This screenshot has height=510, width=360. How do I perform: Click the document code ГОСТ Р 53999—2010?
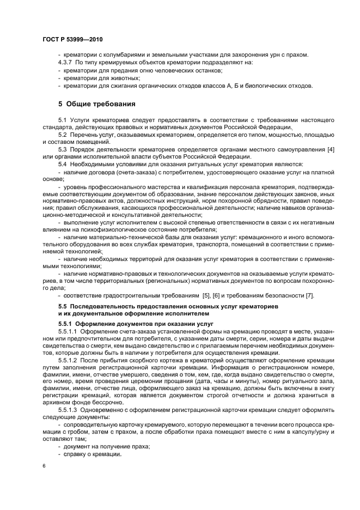(x=72, y=40)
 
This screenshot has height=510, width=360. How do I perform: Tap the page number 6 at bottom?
(x=44, y=466)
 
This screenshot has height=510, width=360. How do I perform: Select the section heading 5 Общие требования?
(x=97, y=103)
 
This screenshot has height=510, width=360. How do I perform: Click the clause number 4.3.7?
(x=66, y=63)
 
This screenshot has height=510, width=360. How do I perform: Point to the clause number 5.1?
(x=62, y=119)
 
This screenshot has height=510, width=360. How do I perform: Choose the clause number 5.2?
(x=62, y=134)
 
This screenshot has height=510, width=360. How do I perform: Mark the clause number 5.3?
(x=62, y=149)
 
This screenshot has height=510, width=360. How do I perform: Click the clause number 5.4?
(x=62, y=164)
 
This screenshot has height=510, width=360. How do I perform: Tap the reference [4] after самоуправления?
(x=330, y=149)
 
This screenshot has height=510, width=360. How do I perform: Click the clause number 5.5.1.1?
(x=69, y=331)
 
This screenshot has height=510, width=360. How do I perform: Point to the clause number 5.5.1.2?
(x=69, y=361)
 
